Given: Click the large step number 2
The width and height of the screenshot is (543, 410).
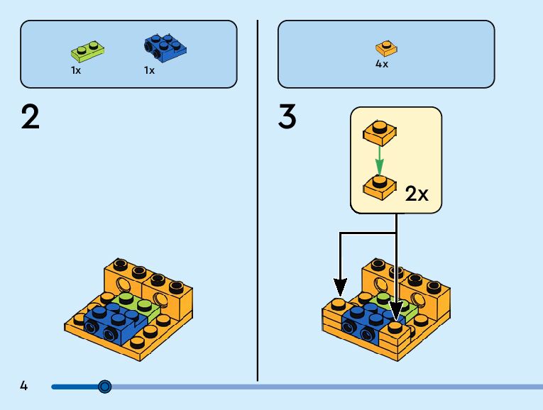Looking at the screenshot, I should (31, 117).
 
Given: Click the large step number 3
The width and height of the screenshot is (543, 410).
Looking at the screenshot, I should (287, 117).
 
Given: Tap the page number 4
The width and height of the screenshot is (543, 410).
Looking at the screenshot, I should (24, 386).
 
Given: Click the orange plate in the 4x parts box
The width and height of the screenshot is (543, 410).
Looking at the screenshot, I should (385, 48).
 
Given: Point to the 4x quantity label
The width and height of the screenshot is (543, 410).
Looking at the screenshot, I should (382, 64).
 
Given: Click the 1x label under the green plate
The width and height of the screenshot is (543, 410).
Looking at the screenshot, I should (76, 70).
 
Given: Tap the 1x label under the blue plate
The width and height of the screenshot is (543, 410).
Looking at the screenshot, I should (149, 70).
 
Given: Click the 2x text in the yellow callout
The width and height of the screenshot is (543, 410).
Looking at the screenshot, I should (417, 194).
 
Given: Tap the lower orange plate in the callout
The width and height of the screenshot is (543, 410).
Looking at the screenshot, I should (379, 185).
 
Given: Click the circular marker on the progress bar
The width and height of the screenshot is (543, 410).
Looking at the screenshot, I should (105, 387).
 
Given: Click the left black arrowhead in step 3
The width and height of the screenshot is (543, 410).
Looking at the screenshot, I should (340, 287).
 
